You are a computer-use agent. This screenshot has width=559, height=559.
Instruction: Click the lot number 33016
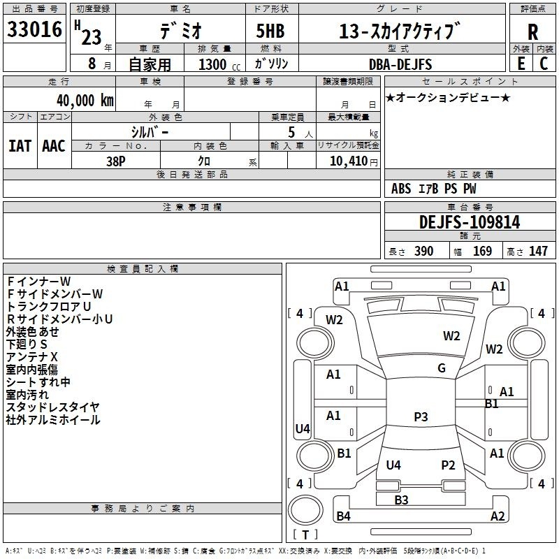(x=34, y=29)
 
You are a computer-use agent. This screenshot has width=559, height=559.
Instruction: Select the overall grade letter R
(x=532, y=32)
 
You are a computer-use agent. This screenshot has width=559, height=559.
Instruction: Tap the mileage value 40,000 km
(x=85, y=101)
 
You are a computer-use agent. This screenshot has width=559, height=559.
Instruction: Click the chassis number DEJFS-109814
(x=470, y=222)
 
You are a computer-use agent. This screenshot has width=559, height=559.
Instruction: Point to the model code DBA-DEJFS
(x=400, y=64)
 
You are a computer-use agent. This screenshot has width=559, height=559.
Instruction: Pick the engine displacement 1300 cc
(x=219, y=64)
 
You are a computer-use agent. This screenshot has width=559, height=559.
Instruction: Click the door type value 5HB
(x=270, y=31)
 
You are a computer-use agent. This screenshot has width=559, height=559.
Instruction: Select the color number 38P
(x=116, y=161)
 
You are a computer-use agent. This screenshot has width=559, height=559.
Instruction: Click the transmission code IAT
(x=20, y=146)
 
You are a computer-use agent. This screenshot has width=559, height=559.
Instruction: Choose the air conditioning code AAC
(x=54, y=146)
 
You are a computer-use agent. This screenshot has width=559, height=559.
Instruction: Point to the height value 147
(x=538, y=251)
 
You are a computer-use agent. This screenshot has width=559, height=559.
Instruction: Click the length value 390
(x=424, y=251)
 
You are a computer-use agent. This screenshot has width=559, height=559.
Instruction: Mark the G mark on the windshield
(x=442, y=368)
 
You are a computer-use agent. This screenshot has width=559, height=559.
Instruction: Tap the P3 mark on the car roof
(x=421, y=416)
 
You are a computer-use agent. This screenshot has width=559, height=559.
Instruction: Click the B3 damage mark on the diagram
(x=401, y=500)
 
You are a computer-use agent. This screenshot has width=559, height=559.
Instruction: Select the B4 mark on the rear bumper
(x=344, y=516)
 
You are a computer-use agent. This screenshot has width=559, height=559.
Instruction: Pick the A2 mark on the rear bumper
(x=498, y=516)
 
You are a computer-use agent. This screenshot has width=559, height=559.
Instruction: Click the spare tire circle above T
(x=305, y=510)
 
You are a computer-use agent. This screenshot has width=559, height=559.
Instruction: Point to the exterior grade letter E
(x=521, y=64)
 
